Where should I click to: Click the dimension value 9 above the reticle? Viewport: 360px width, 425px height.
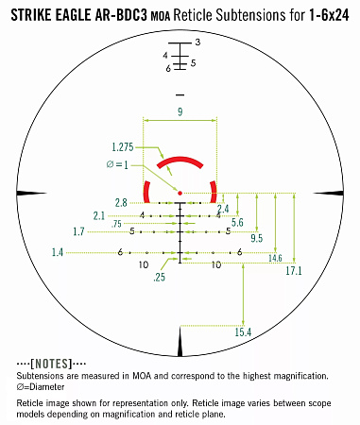pyautogui.click(x=180, y=112)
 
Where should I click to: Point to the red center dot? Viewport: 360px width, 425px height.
pyautogui.click(x=180, y=194)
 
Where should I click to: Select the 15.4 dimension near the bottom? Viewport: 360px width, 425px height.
pyautogui.click(x=243, y=332)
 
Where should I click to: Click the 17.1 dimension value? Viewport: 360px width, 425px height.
pyautogui.click(x=293, y=271)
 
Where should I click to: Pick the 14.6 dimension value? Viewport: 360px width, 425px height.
pyautogui.click(x=275, y=258)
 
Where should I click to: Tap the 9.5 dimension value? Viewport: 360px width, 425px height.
pyautogui.click(x=256, y=237)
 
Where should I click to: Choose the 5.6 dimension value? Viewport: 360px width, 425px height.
pyautogui.click(x=237, y=222)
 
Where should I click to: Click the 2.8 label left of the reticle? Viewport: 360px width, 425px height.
pyautogui.click(x=121, y=203)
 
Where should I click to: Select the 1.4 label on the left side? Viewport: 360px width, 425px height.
pyautogui.click(x=58, y=252)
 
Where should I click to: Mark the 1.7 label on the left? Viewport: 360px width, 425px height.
pyautogui.click(x=78, y=231)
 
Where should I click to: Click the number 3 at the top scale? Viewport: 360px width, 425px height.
pyautogui.click(x=197, y=43)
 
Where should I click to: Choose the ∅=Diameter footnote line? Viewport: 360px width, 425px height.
pyautogui.click(x=39, y=387)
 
